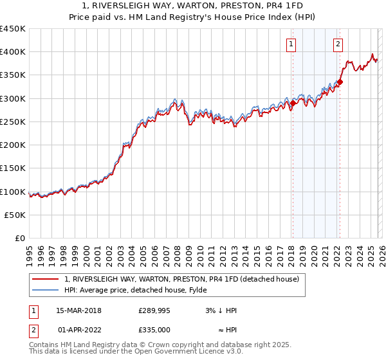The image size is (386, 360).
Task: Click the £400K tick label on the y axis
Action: pos(13,52)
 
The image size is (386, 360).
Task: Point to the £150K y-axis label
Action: pos(13,168)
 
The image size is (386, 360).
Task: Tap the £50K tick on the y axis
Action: pos(15,215)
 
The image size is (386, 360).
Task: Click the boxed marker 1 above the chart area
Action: pos(291,44)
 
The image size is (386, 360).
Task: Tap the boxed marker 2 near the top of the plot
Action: pos(338,44)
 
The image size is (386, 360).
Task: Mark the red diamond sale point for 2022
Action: pos(340,82)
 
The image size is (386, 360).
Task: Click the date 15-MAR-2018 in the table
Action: pos(78,311)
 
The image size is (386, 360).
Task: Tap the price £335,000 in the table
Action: pos(154,329)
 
